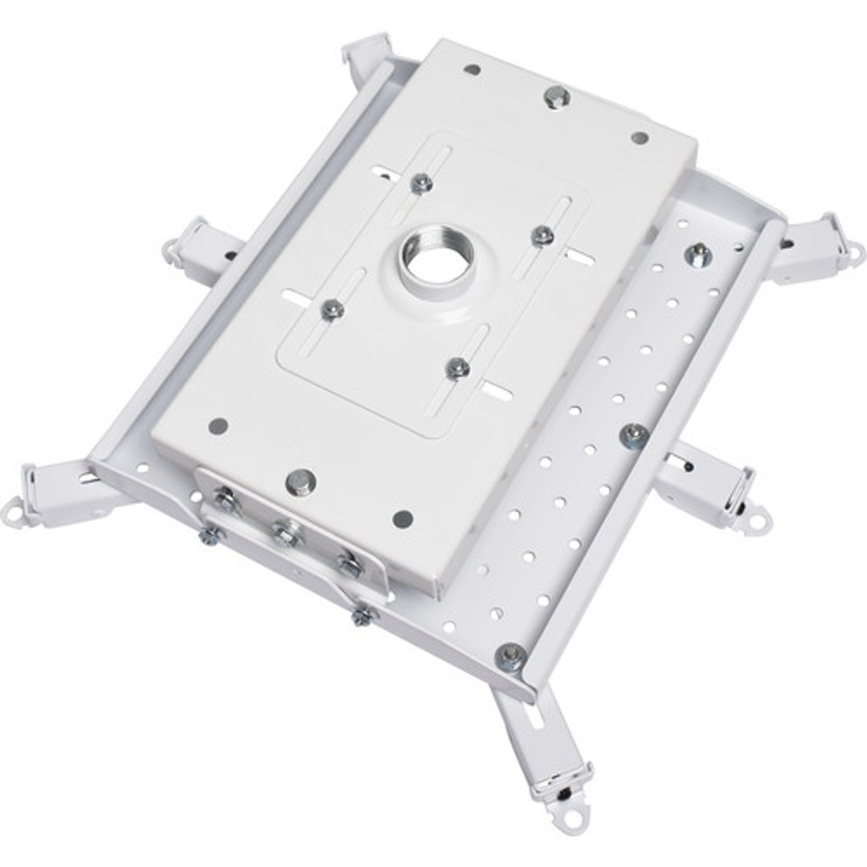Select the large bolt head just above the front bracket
click(299, 481)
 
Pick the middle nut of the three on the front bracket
click(286, 535)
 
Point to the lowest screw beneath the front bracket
click(361, 616)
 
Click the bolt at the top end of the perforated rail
click(697, 256)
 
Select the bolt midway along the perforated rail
click(633, 435)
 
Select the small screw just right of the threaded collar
click(542, 237)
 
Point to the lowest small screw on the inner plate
click(458, 368)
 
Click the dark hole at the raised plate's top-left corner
click(471, 69)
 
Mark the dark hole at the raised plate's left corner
click(217, 426)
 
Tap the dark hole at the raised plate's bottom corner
click(403, 518)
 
